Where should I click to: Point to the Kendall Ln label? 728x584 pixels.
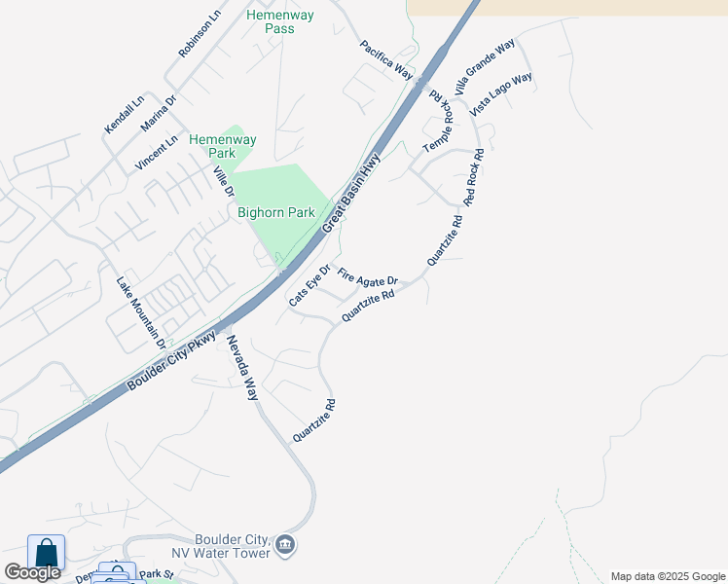coord(125,114)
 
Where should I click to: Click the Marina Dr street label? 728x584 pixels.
coord(159,113)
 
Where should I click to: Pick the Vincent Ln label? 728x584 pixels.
coord(157,153)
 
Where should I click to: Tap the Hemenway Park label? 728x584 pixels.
coord(212,146)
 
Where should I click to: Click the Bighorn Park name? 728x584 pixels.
coord(276,212)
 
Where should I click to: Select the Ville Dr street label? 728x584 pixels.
coord(224,182)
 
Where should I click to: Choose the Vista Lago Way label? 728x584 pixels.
coord(501,94)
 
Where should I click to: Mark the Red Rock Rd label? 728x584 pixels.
coord(474,176)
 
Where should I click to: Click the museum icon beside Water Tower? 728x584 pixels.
coord(285,543)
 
